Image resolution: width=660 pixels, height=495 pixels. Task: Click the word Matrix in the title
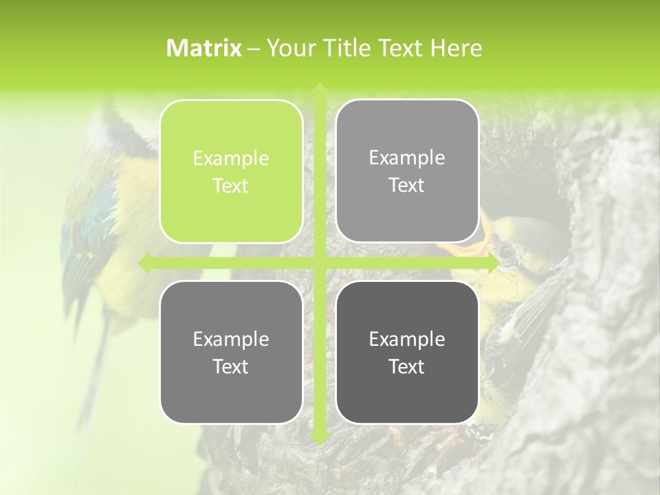click(204, 48)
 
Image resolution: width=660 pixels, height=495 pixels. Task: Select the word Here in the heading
click(456, 48)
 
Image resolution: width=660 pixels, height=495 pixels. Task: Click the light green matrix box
click(231, 171)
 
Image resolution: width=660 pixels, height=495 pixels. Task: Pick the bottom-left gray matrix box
click(231, 352)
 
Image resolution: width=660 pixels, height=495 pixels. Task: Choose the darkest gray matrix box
click(407, 352)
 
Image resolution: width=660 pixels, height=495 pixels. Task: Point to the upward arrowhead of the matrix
click(319, 89)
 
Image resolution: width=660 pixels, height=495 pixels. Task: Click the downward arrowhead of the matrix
click(319, 437)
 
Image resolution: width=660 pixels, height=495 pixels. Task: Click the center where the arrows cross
click(319, 263)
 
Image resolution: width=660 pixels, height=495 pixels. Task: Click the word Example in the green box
click(231, 158)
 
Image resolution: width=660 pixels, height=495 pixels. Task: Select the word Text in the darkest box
click(407, 366)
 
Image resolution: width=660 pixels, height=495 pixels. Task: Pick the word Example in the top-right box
click(407, 157)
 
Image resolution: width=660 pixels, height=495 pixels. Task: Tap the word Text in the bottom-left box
click(231, 366)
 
